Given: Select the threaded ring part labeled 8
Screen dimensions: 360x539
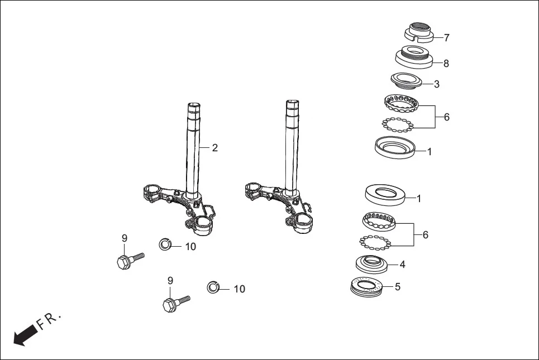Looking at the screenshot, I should tap(414, 57).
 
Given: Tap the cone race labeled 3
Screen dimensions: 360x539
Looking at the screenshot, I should tap(411, 80).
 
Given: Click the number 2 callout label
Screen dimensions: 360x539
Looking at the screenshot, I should tap(214, 148).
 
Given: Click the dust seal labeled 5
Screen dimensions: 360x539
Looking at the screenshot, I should tap(367, 287).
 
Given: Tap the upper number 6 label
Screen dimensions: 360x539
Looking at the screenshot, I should tap(446, 118).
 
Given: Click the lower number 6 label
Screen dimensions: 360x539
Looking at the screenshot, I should tap(425, 235).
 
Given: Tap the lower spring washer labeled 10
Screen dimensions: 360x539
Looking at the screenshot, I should tap(213, 287).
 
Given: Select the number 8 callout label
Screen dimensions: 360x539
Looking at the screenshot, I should tap(446, 64).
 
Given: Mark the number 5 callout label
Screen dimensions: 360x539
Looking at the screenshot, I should tap(397, 287).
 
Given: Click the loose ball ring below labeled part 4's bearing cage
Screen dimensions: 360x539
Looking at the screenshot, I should tap(374, 242).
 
